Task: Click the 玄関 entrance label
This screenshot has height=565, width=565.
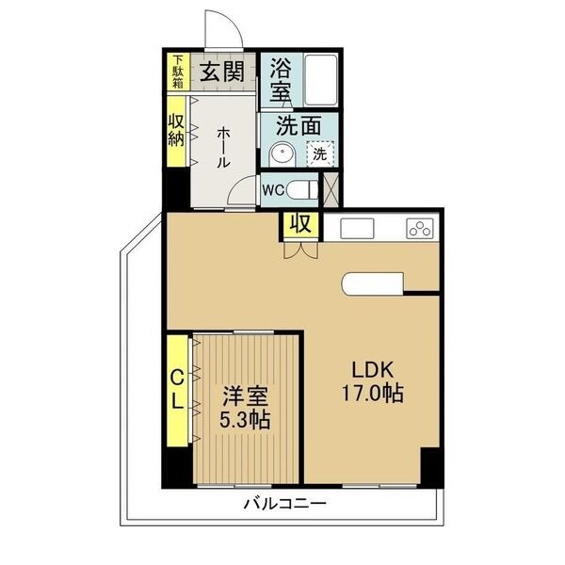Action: coord(222,72)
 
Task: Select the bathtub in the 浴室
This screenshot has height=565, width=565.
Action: coord(320,80)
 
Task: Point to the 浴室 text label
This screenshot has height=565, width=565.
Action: coord(281,80)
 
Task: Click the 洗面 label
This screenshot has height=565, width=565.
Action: coord(299,126)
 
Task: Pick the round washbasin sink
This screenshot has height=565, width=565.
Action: coord(282,154)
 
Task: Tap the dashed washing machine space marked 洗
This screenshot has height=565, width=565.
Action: coord(320,153)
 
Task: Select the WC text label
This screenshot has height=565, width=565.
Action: coord(273,190)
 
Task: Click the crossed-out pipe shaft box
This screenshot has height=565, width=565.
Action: coord(331,189)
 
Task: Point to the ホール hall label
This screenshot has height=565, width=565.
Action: coord(223,147)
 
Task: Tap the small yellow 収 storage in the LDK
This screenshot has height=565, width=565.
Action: coord(301,225)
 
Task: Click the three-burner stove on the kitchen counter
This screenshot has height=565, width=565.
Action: coord(420,228)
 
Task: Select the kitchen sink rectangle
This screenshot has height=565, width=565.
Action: coord(357,228)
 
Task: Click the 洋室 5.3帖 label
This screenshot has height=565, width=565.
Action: coord(245,408)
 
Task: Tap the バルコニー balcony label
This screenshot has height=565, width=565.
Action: coord(284,503)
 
